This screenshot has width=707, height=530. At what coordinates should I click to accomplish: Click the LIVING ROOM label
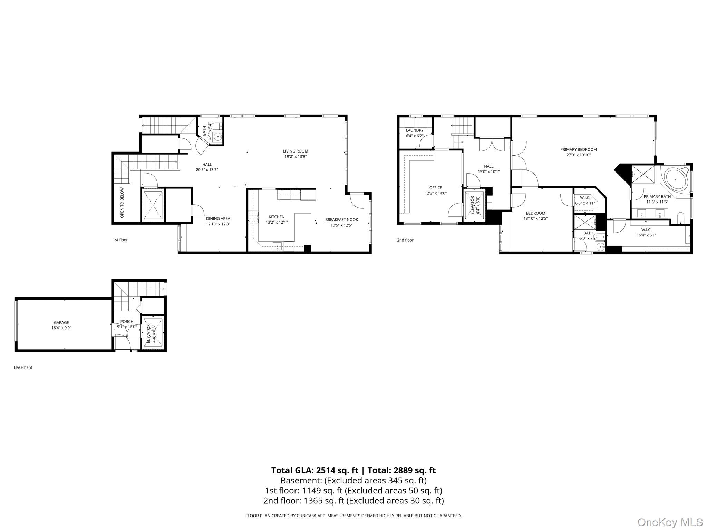pyautogui.click(x=296, y=151)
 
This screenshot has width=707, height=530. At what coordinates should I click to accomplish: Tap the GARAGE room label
pyautogui.click(x=61, y=323)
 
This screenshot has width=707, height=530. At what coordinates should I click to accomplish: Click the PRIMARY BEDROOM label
pyautogui.click(x=579, y=150)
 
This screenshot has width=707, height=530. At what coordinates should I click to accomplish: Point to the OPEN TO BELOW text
pyautogui.click(x=122, y=203)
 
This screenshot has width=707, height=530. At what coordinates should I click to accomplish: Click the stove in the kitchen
pyautogui.click(x=253, y=217)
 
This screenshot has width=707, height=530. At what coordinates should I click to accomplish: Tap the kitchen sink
pyautogui.click(x=277, y=246)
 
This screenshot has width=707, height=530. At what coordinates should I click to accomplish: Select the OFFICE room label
pyautogui.click(x=436, y=188)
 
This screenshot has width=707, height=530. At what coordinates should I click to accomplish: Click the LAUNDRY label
pyautogui.click(x=415, y=130)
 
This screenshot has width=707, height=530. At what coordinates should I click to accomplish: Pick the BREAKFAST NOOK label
pyautogui.click(x=341, y=220)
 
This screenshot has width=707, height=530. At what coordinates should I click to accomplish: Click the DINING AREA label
pyautogui.click(x=218, y=219)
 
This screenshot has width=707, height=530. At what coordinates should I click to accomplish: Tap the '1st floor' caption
pyautogui.click(x=120, y=240)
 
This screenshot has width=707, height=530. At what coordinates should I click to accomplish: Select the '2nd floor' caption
pyautogui.click(x=405, y=240)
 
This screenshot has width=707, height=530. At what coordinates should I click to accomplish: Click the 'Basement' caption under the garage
pyautogui.click(x=23, y=367)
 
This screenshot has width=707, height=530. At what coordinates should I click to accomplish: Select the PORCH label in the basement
pyautogui.click(x=127, y=322)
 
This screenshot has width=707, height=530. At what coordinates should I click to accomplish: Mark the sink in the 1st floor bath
pyautogui.click(x=218, y=137)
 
